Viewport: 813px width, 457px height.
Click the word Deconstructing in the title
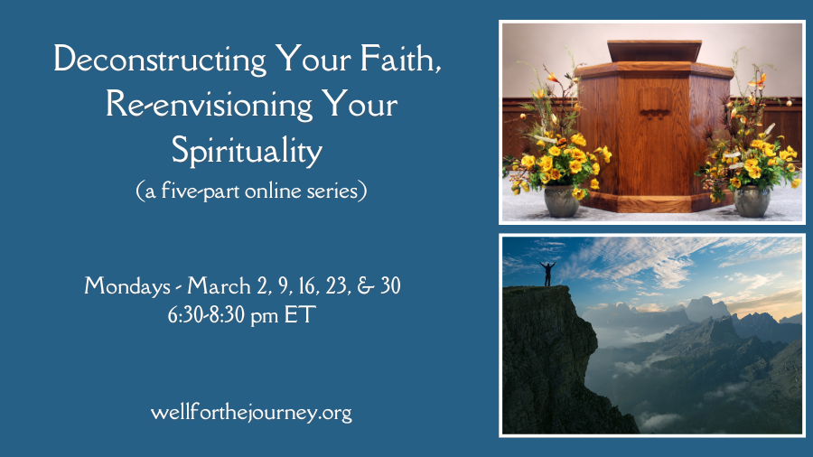(160, 61)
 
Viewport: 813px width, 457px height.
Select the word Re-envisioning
(209, 106)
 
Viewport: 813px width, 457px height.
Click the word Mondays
(127, 286)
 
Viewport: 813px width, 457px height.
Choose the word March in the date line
(219, 285)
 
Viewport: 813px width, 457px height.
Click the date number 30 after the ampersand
(390, 285)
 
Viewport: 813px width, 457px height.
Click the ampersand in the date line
(366, 286)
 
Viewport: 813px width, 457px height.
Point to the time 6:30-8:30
(206, 314)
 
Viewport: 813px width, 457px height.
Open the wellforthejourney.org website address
(251, 413)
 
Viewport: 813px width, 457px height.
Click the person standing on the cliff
(547, 274)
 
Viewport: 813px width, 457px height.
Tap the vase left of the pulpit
(562, 201)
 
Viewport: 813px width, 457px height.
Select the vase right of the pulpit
(752, 201)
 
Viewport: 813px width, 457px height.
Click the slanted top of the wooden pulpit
(654, 51)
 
